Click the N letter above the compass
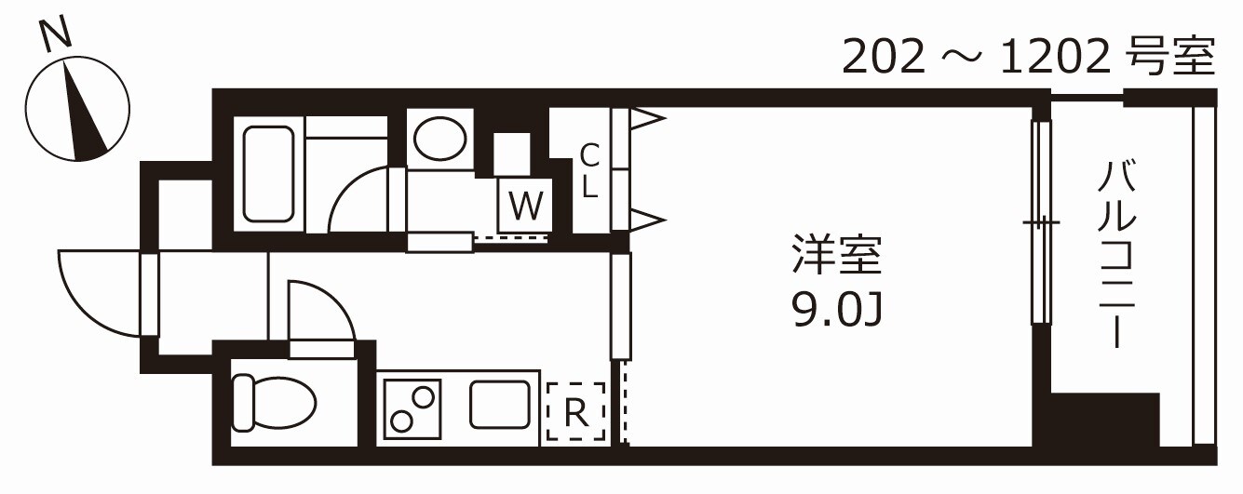(57, 36)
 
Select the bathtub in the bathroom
(268, 174)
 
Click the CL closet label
(588, 170)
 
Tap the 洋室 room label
(834, 258)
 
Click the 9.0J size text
(835, 309)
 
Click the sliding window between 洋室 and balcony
(1042, 222)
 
